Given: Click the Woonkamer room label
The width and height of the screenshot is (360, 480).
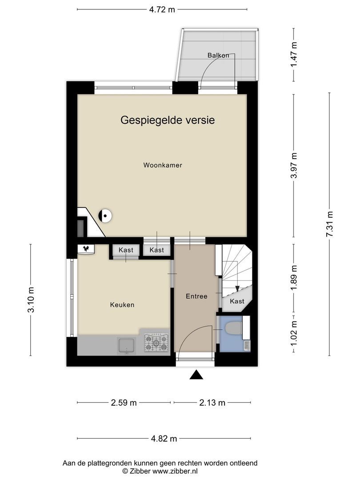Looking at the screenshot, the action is coord(163,165).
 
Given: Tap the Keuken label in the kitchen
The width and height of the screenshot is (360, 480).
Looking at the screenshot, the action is coord(122,305).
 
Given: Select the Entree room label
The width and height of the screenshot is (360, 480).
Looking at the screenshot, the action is coord(196,296).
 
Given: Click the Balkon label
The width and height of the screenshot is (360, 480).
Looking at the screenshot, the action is coord(218,56).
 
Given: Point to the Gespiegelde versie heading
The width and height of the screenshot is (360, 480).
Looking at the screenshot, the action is coord(168,120).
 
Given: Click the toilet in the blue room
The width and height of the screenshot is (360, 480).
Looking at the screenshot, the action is coord(234,329).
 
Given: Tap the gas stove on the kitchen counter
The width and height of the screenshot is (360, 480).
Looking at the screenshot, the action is coord(156,342).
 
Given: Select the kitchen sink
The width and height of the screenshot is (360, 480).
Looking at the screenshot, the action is coord(126,345).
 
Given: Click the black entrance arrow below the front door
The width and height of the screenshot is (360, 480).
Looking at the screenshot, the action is coord(196,375).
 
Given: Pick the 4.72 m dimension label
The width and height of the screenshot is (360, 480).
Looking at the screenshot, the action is coord(162,9).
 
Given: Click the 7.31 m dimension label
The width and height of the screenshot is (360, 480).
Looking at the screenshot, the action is coord(329,224).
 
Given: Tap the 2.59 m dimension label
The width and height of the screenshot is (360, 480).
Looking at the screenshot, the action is coord(124,403).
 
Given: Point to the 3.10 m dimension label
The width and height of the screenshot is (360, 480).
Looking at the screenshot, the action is coord(31,300).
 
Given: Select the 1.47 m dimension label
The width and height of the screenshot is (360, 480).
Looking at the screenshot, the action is coord(294,55).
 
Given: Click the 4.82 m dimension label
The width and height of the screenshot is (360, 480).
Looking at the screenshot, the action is coord(164,439).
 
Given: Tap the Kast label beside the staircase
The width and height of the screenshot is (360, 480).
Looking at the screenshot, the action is coord(237,301).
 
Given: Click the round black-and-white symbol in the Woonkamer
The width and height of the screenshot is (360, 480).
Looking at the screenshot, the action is coord(105,216).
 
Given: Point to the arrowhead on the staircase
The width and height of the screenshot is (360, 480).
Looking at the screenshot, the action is coord(237,288).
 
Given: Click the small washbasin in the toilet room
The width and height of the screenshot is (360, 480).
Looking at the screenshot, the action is coord(247,345).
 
